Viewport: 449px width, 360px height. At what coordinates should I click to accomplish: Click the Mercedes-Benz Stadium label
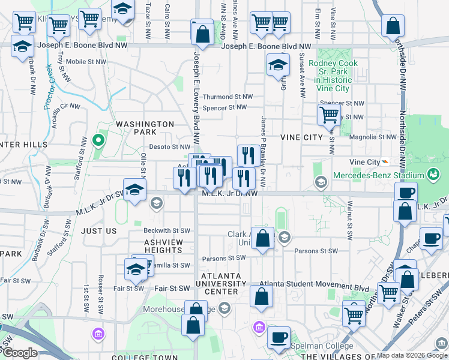coord(385,175)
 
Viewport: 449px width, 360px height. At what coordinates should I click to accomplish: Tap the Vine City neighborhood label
coord(301,137)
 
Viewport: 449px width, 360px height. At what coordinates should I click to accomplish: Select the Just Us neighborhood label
coord(98,230)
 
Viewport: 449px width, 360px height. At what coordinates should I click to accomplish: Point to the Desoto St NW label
coord(169,146)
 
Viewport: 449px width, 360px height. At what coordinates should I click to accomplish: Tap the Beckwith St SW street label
coord(166,230)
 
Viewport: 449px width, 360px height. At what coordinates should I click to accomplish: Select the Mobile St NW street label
coord(85,61)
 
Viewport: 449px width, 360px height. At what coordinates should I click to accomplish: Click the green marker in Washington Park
coord(99,142)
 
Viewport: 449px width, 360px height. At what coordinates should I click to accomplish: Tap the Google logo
coord(20,353)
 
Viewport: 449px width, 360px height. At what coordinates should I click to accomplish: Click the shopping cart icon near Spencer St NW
coord(329,114)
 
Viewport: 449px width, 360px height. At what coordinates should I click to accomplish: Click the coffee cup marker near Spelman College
coord(279,337)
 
